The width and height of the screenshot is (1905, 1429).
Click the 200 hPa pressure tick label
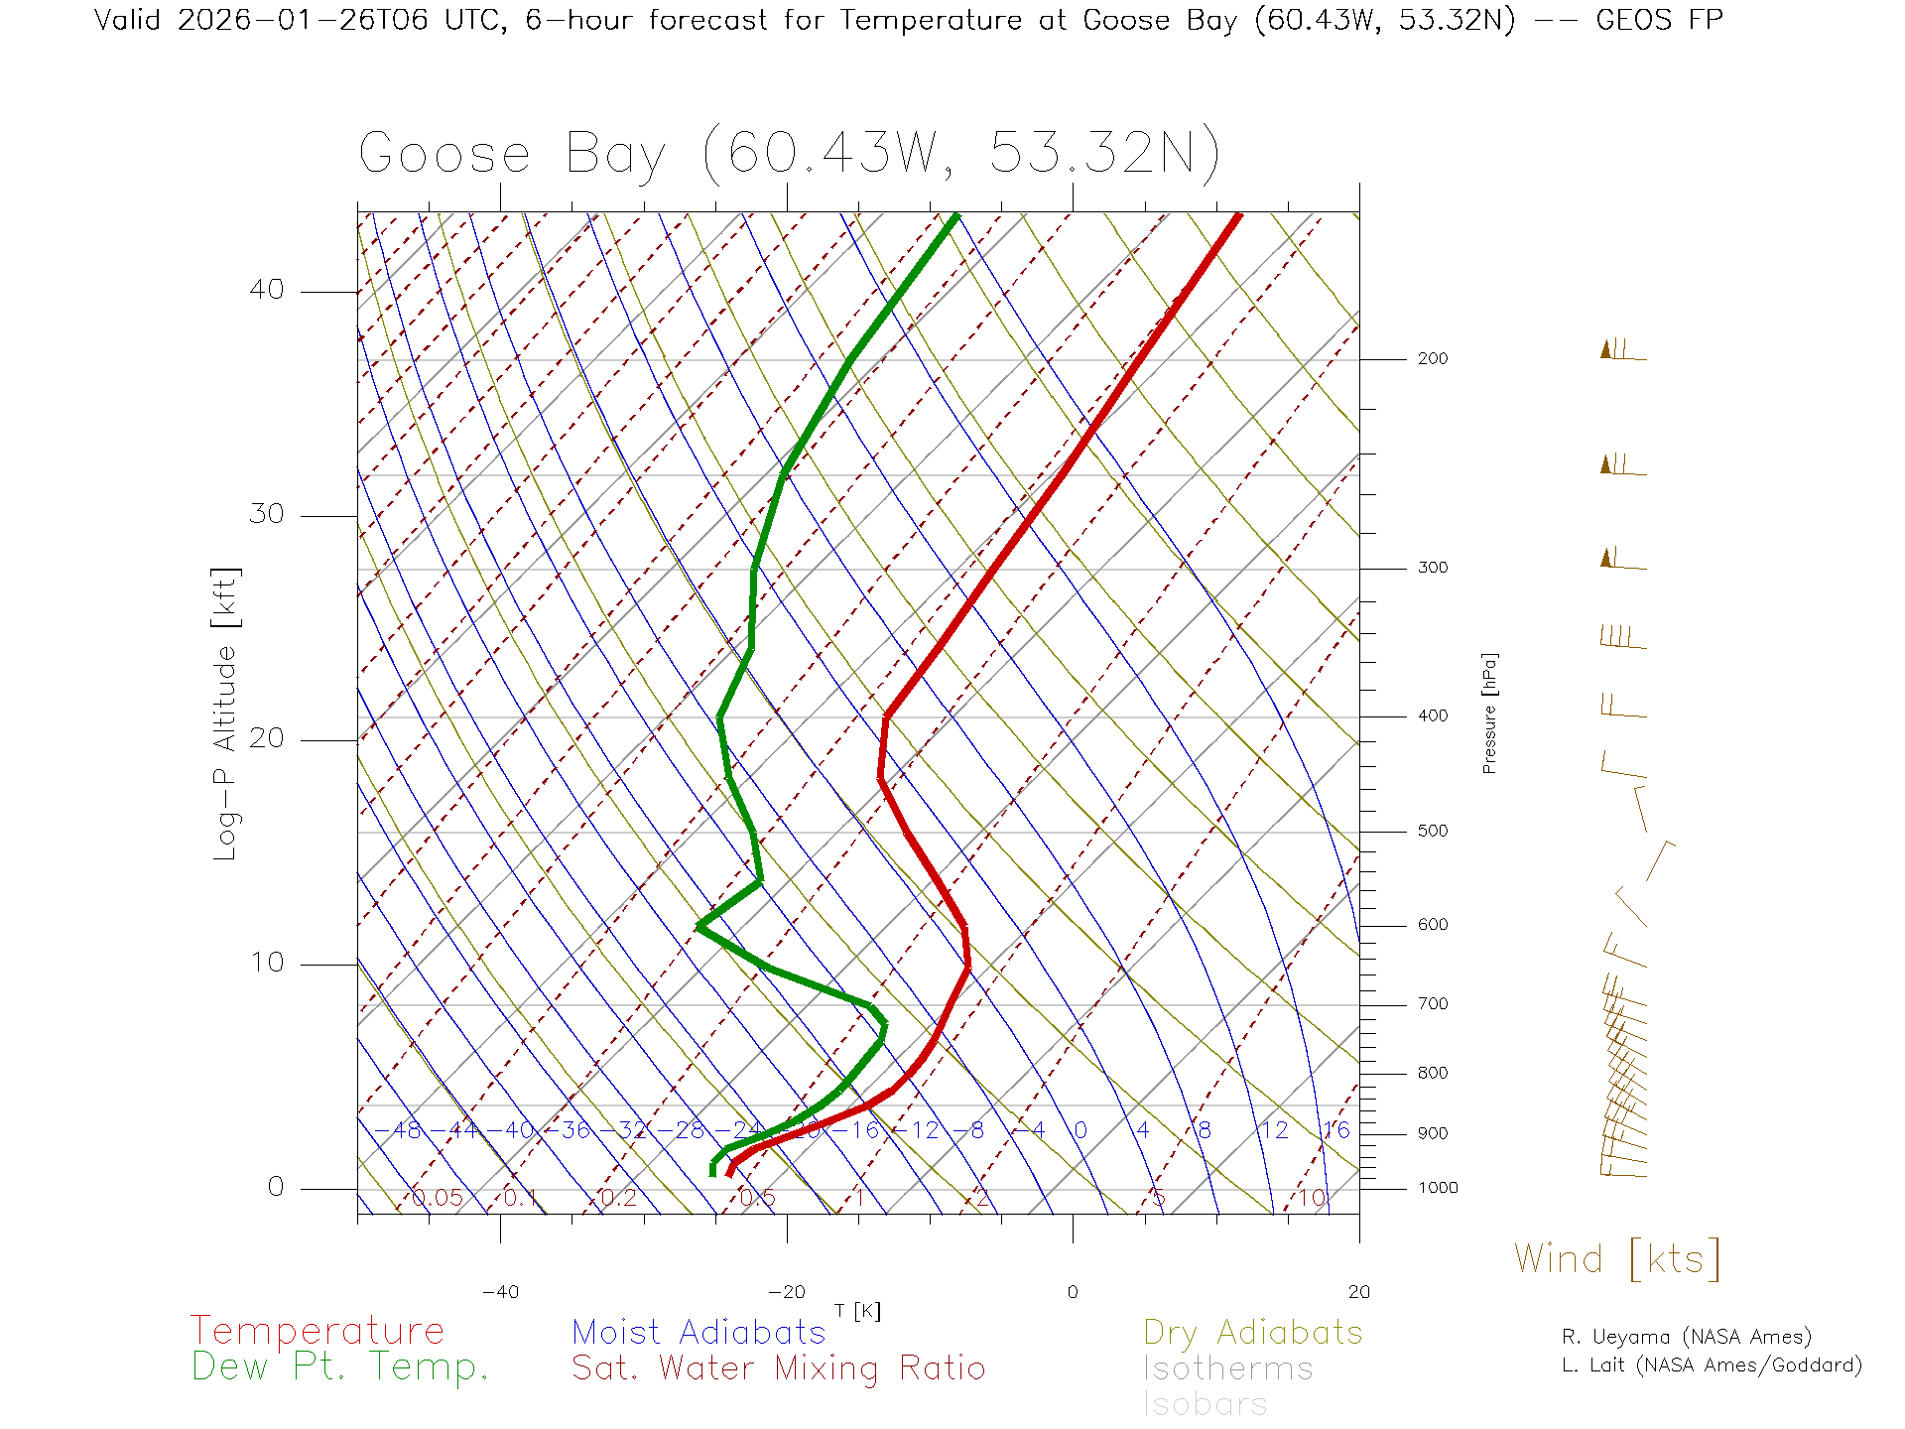pyautogui.click(x=1432, y=359)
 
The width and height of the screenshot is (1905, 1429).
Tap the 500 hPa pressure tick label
pyautogui.click(x=1432, y=832)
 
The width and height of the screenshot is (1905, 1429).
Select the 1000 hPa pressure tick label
pyautogui.click(x=1438, y=1188)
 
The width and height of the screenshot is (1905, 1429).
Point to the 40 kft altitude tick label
pyautogui.click(x=267, y=290)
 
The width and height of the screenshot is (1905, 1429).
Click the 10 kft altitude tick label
pyautogui.click(x=267, y=963)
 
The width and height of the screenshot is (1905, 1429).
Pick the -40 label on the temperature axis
pyautogui.click(x=500, y=1292)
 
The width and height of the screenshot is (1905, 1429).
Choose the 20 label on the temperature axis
pyautogui.click(x=1358, y=1292)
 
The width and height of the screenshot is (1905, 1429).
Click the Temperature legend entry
pyautogui.click(x=317, y=1331)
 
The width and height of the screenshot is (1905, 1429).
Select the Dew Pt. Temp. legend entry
pyautogui.click(x=340, y=1367)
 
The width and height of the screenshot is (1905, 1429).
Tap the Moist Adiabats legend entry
pyautogui.click(x=699, y=1332)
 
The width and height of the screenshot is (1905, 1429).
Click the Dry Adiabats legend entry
pyautogui.click(x=1253, y=1332)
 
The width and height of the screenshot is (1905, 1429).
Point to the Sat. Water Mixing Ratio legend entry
pyautogui.click(x=779, y=1368)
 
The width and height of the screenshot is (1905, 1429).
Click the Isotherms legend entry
pyautogui.click(x=1228, y=1368)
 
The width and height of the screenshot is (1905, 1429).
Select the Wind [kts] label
pyautogui.click(x=1617, y=1258)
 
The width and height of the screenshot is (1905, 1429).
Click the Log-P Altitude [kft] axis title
pyautogui.click(x=226, y=714)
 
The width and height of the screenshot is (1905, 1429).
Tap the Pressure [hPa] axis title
pyautogui.click(x=1489, y=713)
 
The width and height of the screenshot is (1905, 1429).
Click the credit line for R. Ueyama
pyautogui.click(x=1687, y=1337)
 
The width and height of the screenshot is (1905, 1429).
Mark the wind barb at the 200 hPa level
pyautogui.click(x=1622, y=350)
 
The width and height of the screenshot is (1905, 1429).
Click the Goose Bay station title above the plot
pyautogui.click(x=789, y=154)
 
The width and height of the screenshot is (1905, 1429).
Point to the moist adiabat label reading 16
pyautogui.click(x=1336, y=1130)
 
